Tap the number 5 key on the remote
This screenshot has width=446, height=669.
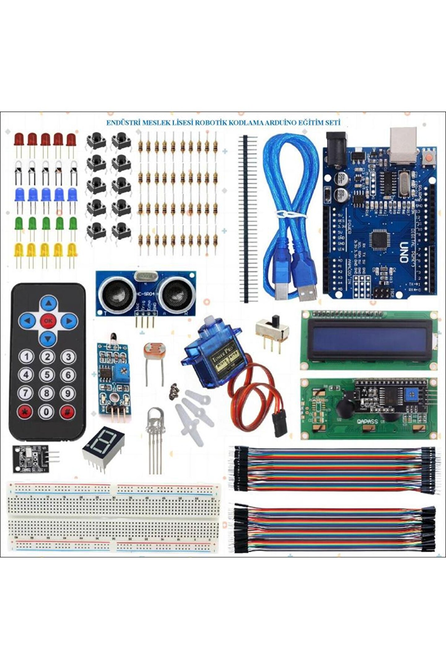pos(47,375)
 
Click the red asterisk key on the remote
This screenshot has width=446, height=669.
pos(26,412)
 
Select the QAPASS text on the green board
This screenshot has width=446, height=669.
pos(367,422)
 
